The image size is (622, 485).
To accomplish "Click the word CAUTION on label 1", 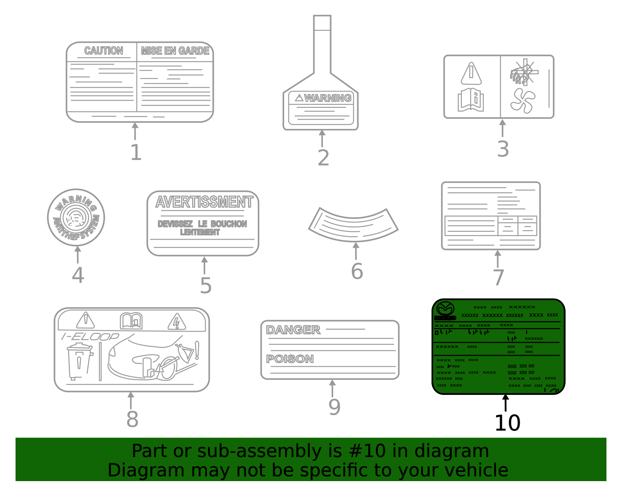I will pos(103,51).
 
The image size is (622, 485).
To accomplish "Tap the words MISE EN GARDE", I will pos(175,51).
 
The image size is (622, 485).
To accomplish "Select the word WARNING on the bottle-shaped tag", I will pos(327,98).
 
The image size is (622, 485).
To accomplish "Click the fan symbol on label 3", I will pos(523,101).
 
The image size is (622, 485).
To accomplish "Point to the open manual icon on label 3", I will pos(471,100).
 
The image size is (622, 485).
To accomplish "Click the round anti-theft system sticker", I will pos(76,217).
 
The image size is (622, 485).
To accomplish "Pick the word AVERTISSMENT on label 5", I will pos(204,202).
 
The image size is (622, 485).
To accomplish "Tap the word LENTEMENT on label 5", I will pos(200,232).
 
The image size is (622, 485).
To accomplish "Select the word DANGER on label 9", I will pos(293,330).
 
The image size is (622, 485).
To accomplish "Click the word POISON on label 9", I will pos(290,359).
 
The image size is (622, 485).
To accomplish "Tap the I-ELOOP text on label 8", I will pos(90,336).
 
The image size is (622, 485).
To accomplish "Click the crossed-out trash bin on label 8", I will pos(79,361).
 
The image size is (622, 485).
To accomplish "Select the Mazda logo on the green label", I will pos(445,309).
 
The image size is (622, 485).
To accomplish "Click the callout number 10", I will pos(507,423).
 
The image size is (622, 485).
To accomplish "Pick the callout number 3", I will pos(503,149).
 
